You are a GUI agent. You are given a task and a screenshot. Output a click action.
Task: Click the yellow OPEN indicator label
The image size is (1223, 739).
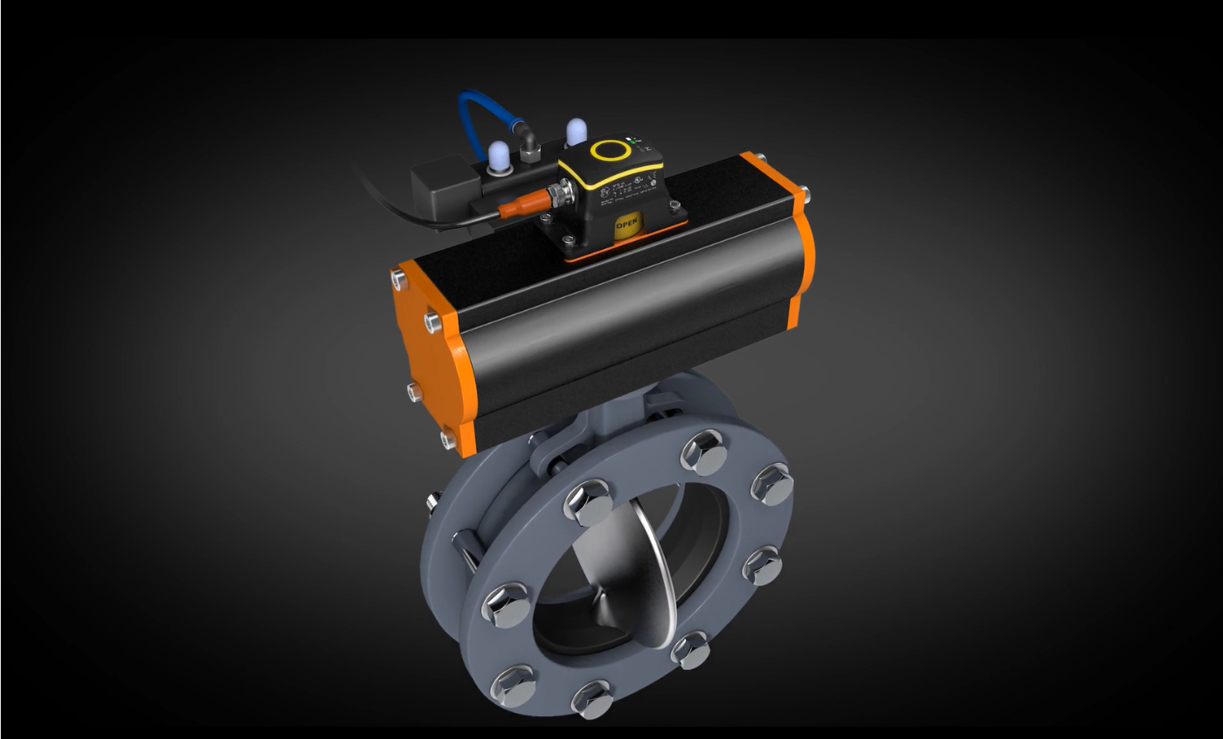click(x=627, y=224)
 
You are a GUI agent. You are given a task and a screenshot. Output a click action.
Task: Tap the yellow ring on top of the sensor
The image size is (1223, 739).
click(x=611, y=150)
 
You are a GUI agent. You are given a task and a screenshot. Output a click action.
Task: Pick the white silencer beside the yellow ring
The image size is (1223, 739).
click(x=575, y=133)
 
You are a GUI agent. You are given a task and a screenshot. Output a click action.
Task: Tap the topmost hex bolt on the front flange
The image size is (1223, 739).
click(x=704, y=452)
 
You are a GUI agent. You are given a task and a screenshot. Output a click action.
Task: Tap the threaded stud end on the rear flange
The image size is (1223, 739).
click(x=432, y=503)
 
